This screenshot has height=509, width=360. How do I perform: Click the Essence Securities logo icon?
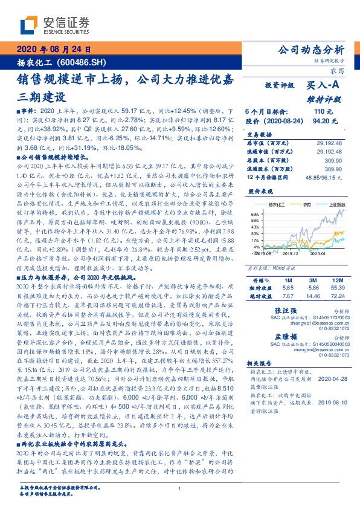(30, 25)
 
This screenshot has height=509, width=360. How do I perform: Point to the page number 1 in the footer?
(180, 488)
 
